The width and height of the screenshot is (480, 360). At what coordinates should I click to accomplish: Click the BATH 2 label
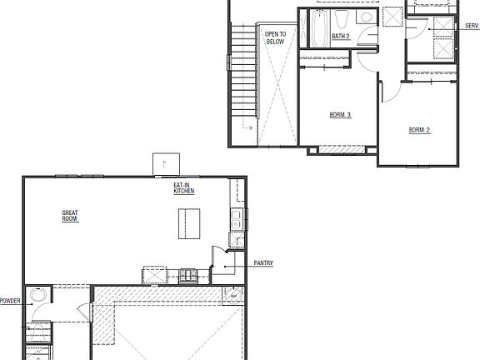point(341,37)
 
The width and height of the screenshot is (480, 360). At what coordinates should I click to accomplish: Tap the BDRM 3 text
point(340,115)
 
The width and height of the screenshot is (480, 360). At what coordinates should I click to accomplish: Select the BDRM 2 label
point(418,130)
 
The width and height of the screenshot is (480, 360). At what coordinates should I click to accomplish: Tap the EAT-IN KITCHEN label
point(184,188)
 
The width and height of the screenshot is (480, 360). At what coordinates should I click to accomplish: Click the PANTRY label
point(263,263)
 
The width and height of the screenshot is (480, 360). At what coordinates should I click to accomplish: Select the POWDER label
point(10,301)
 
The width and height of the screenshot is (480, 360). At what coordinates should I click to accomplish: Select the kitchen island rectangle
point(185,223)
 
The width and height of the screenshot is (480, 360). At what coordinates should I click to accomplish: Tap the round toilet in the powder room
point(37,296)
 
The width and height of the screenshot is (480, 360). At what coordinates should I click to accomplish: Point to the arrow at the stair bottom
point(247,126)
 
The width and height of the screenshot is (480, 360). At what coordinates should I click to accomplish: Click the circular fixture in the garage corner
point(234,294)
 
